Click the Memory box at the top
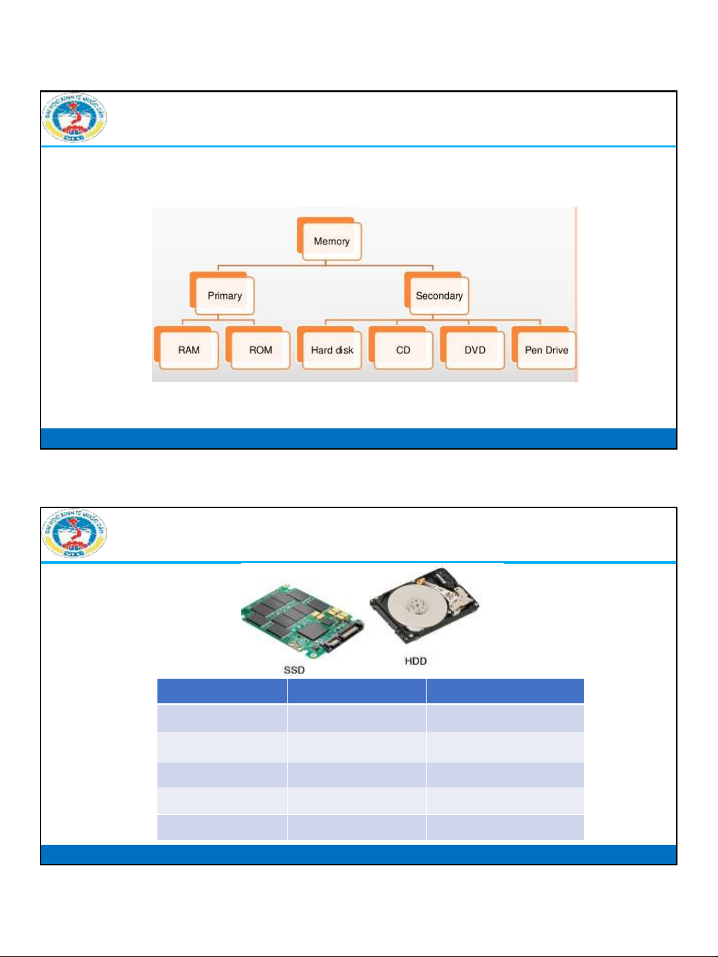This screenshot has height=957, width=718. pyautogui.click(x=330, y=240)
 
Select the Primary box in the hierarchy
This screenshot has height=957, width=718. pyautogui.click(x=224, y=296)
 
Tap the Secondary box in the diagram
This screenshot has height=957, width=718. pyautogui.click(x=438, y=296)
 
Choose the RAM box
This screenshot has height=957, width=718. pyautogui.click(x=189, y=349)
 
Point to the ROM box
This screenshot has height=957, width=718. pyautogui.click(x=260, y=349)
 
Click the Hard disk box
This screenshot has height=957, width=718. pyautogui.click(x=332, y=349)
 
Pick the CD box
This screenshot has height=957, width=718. pyautogui.click(x=403, y=349)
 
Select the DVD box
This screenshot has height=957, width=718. pyautogui.click(x=475, y=349)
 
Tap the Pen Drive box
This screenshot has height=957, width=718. pyautogui.click(x=546, y=349)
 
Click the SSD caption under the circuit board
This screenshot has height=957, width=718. pyautogui.click(x=294, y=670)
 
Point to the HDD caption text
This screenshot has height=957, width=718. pyautogui.click(x=416, y=661)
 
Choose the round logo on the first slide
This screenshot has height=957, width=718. pyautogui.click(x=74, y=118)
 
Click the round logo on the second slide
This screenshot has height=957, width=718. pyautogui.click(x=74, y=533)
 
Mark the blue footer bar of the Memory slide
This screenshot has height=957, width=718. pyautogui.click(x=359, y=438)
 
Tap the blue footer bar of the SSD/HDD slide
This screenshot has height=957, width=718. pyautogui.click(x=359, y=854)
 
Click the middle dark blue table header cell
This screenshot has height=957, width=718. pyautogui.click(x=357, y=691)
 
